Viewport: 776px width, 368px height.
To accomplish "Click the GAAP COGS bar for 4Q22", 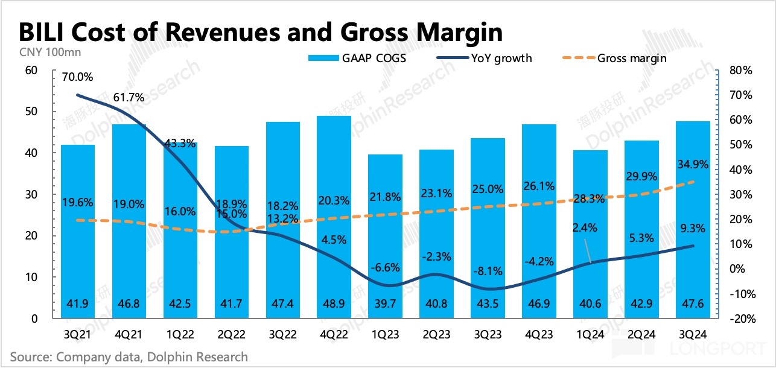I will click(x=334, y=217).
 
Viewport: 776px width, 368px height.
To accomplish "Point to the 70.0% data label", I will click(x=77, y=77).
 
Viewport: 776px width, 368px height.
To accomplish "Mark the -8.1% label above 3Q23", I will click(x=488, y=271).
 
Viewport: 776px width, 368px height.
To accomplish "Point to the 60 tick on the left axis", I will click(x=32, y=71).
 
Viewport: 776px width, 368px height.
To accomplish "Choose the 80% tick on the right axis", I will click(x=740, y=71).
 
